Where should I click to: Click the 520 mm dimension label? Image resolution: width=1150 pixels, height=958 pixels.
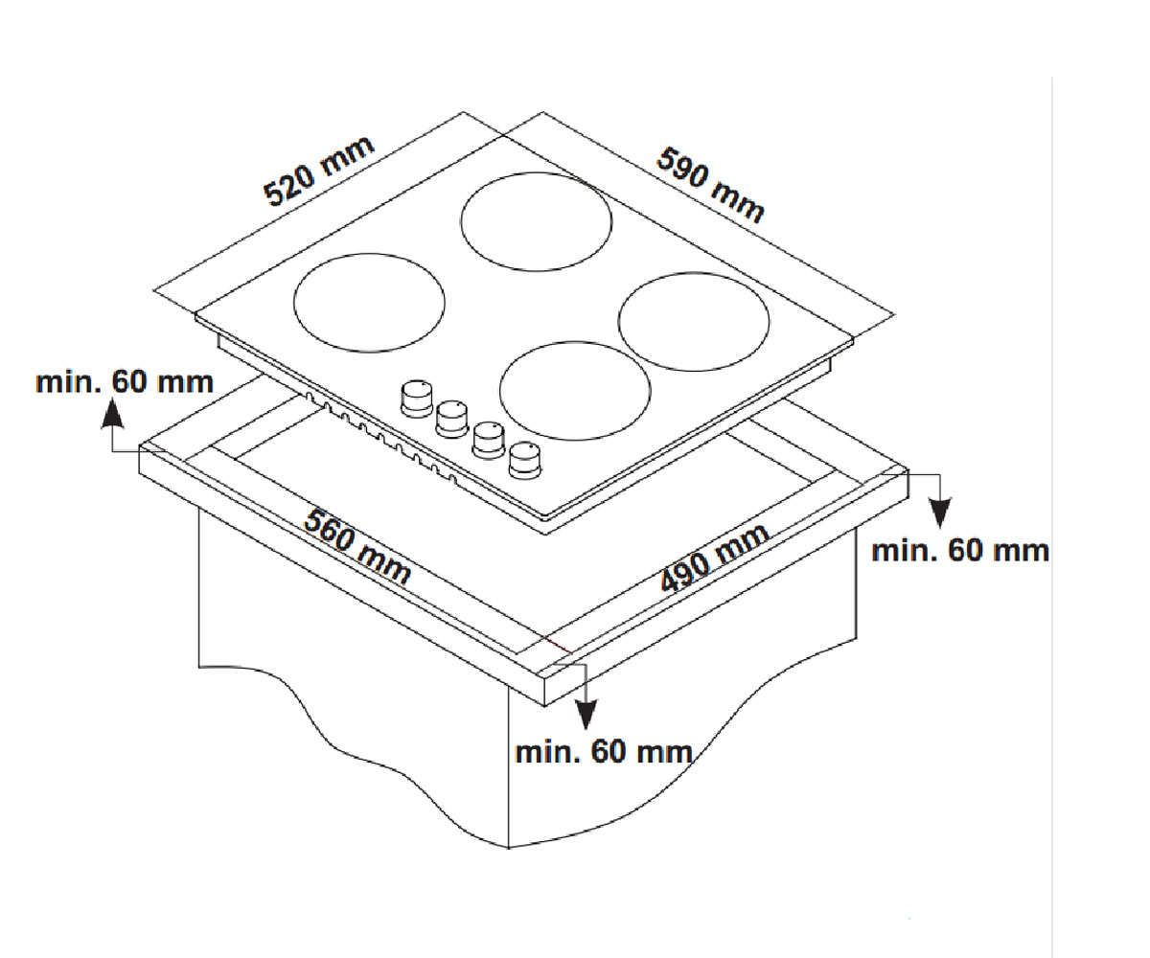click(x=319, y=171)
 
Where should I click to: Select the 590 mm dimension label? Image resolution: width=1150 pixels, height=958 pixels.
click(x=710, y=185)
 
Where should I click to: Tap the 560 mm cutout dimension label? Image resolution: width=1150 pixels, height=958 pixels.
click(x=357, y=547)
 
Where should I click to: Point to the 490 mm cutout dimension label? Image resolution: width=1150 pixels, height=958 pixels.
click(x=714, y=558)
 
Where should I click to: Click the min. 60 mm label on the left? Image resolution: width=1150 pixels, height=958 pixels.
click(x=125, y=381)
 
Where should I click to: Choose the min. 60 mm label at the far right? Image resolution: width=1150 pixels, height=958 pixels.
click(x=960, y=551)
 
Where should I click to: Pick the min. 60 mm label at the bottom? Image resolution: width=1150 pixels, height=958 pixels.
click(x=604, y=752)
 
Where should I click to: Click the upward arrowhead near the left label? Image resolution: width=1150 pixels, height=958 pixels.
click(x=112, y=414)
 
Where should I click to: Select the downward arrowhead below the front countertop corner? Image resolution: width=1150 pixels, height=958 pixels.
click(x=586, y=716)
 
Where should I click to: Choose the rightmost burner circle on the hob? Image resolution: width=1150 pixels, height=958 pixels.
click(x=694, y=272)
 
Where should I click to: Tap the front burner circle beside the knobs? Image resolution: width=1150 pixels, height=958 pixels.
click(x=575, y=341)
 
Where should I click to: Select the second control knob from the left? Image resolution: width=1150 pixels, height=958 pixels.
click(x=452, y=419)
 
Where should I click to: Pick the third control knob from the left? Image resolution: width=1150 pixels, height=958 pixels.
click(x=489, y=440)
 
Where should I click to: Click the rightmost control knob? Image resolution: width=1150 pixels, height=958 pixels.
click(x=525, y=460)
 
